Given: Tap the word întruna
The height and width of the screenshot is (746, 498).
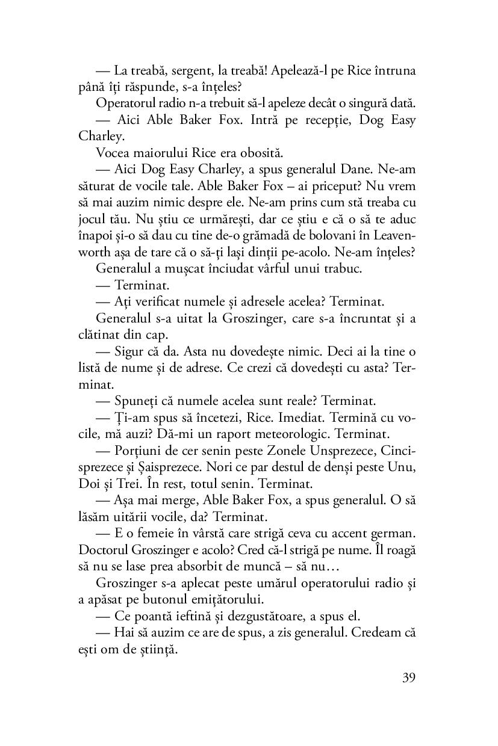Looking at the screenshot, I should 393,70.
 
